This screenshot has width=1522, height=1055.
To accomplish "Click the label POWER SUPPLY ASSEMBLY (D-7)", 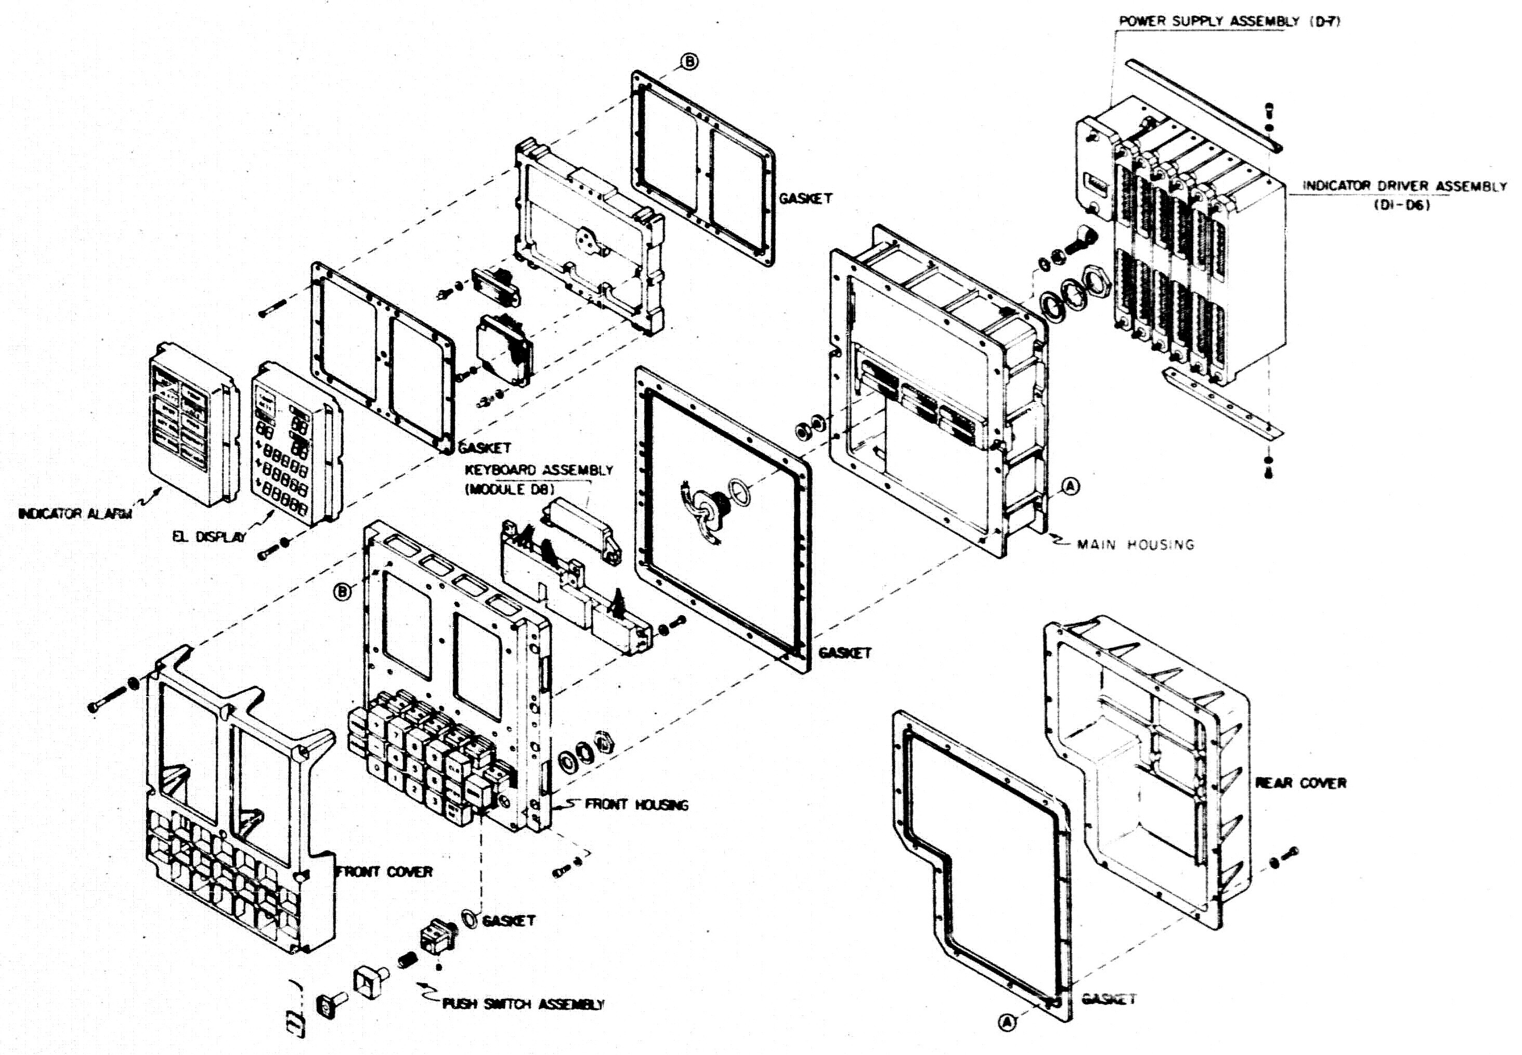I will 1229,22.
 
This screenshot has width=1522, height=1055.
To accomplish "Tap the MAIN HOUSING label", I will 1135,545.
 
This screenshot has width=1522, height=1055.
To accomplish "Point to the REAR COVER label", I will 1300,783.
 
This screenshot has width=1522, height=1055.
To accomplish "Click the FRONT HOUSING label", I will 636,804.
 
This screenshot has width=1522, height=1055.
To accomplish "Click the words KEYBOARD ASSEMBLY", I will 539,471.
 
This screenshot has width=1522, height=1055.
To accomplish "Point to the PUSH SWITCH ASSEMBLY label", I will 522,1004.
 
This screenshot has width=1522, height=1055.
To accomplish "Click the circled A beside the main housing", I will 1071,487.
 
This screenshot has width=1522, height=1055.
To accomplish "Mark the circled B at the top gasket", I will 690,61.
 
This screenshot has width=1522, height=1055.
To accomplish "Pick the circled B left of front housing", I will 342,592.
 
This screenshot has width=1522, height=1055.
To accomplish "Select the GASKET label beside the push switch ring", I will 508,921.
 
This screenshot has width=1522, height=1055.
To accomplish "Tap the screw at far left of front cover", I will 106,701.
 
